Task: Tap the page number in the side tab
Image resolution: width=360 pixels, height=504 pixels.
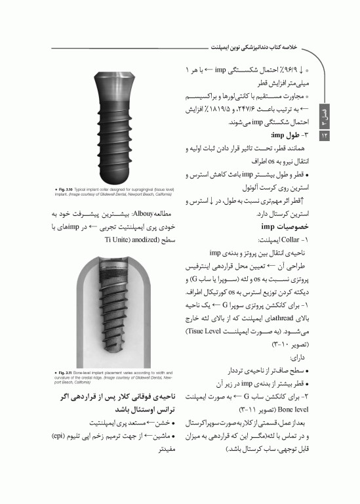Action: coord(324,135)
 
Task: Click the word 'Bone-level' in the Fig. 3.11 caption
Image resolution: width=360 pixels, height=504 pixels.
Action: coord(73,373)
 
